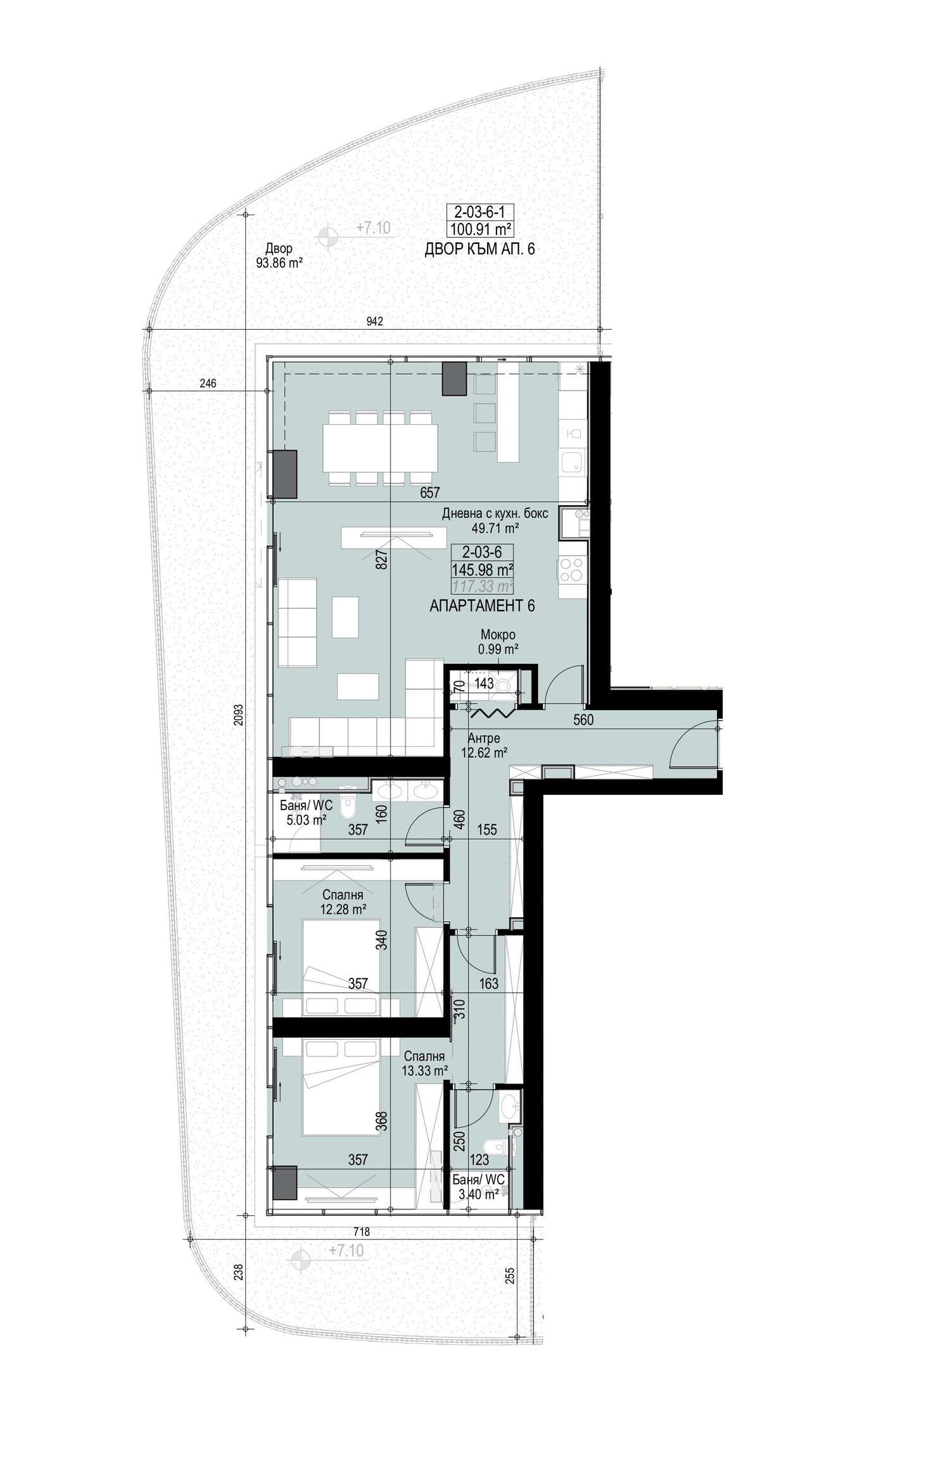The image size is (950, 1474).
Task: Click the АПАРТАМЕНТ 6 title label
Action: (482, 606)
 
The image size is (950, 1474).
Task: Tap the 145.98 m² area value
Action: (482, 570)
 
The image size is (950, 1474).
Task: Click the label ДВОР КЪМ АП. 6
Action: (479, 249)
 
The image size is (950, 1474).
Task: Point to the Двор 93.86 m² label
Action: (279, 255)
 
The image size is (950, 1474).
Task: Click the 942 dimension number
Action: (375, 322)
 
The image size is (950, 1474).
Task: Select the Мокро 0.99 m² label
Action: (498, 641)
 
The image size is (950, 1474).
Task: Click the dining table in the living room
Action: (380, 448)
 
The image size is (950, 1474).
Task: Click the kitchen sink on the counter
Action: (574, 462)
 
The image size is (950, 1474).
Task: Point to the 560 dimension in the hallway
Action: (583, 720)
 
